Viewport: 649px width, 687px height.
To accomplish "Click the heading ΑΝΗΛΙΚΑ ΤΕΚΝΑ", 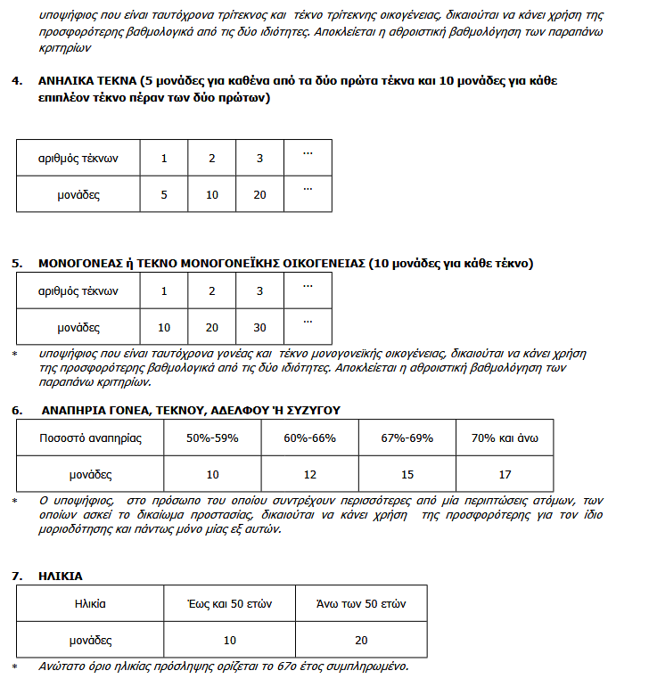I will tap(87, 81).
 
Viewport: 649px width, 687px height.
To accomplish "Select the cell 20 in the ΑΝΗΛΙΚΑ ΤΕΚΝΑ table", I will tap(259, 194).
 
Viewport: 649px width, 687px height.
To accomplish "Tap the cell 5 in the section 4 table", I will tap(164, 194).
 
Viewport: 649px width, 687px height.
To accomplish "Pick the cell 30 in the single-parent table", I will tap(259, 328).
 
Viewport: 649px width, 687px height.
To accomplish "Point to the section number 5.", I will tap(17, 264).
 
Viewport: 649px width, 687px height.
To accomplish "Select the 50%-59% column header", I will tap(212, 438).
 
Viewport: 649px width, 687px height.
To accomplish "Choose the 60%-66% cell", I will tap(309, 438).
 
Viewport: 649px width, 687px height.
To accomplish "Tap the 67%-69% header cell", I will tap(407, 438).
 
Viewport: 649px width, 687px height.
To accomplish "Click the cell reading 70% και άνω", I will tap(505, 438).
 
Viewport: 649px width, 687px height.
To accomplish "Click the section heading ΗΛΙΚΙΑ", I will tap(61, 577).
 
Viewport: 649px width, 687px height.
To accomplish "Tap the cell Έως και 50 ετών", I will tap(229, 603).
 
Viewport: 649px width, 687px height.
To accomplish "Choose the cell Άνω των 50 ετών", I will tap(362, 603).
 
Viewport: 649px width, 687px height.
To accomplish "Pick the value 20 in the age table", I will tap(362, 640).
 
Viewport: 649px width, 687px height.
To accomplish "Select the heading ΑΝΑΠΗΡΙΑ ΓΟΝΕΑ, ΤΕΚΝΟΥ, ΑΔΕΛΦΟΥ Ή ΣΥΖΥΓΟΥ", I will tap(190, 410).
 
